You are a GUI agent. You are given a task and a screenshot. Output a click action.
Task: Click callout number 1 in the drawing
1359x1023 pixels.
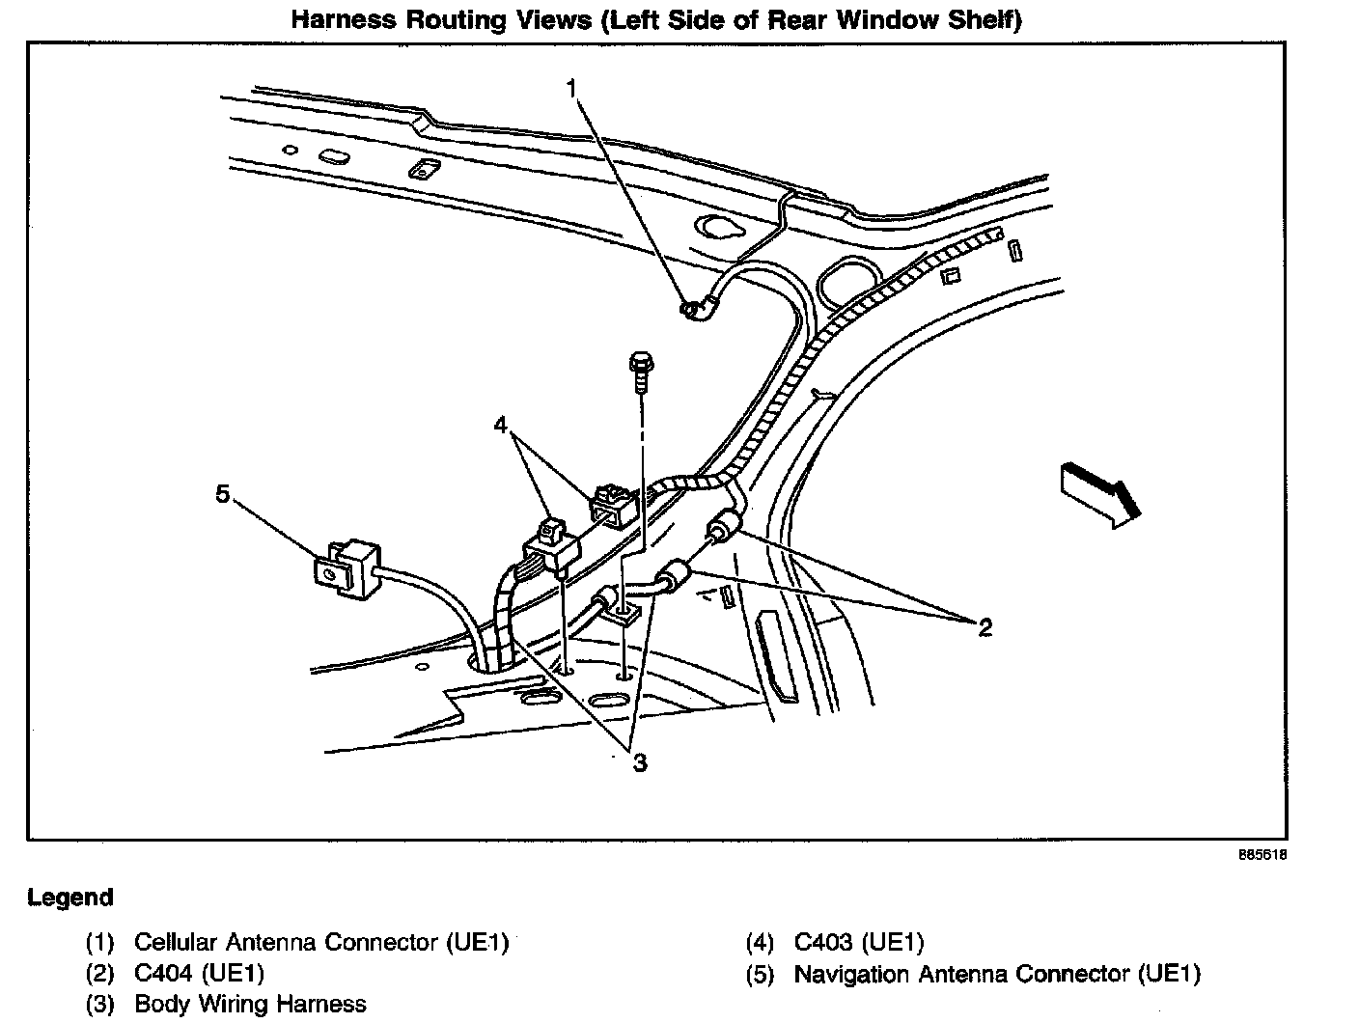coord(571,90)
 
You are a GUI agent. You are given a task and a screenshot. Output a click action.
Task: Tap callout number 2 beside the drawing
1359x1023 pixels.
coord(985,628)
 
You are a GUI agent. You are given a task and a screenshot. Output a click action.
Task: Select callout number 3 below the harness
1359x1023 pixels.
coord(639,762)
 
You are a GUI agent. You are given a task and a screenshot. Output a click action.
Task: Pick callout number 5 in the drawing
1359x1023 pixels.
coord(223,494)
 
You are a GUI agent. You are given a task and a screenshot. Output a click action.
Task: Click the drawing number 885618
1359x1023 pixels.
coord(1264,855)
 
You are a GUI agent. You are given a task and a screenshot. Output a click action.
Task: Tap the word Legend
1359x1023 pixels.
coord(69,898)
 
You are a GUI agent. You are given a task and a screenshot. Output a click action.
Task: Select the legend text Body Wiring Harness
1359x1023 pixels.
coord(250,1005)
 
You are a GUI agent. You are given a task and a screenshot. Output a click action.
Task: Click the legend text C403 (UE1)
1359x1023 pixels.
coord(858,942)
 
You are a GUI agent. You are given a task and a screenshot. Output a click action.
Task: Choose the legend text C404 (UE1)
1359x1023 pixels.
coord(199,973)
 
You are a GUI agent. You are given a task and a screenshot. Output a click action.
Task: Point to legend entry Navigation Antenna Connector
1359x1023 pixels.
coord(996,974)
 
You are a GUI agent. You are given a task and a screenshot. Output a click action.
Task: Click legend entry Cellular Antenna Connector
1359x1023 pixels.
coord(320,942)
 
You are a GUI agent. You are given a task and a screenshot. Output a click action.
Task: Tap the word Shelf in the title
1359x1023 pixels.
coord(985,19)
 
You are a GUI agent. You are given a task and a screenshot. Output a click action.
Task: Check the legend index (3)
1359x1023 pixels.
coord(99,1005)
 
